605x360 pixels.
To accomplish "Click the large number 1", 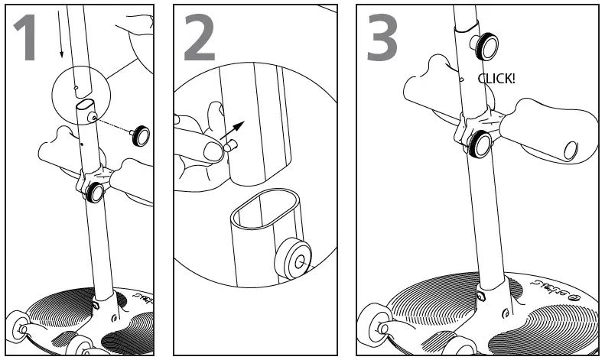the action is [26, 37].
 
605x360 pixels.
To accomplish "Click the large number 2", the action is [200, 37].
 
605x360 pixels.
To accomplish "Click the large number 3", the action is [382, 37].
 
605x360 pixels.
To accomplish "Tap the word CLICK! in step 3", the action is [496, 79].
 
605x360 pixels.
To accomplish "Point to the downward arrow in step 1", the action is [60, 34].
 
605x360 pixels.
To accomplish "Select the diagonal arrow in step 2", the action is [233, 130].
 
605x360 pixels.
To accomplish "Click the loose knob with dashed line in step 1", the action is [140, 136].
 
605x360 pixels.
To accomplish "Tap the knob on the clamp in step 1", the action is [95, 193].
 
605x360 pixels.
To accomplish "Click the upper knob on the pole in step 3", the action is [485, 47].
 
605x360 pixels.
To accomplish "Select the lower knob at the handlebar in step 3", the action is [480, 144].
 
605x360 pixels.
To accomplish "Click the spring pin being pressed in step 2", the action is [231, 146].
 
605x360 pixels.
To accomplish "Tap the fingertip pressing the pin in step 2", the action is [213, 151].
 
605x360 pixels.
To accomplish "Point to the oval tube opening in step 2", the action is [266, 209].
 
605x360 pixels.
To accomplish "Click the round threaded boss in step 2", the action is [293, 258].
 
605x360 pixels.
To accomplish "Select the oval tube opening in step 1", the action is [85, 105].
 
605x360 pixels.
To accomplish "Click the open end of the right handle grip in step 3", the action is [571, 151].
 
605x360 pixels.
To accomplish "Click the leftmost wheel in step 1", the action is [18, 326].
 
